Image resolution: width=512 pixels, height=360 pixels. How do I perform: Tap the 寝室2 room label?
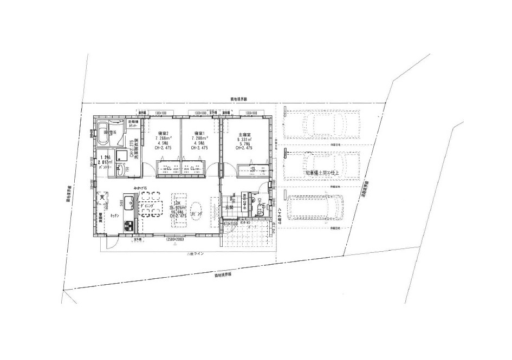tap(163, 133)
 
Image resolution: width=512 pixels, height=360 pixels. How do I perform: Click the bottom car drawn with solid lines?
tap(316, 206)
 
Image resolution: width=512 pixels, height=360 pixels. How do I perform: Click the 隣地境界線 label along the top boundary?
tap(238, 100)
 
